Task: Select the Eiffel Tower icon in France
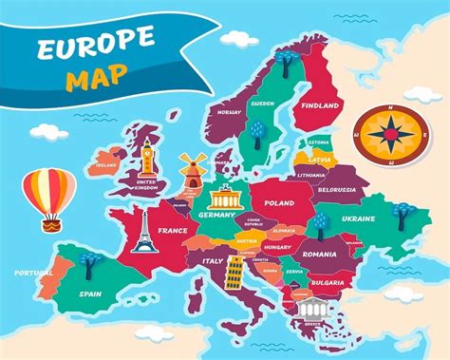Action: (x=143, y=230)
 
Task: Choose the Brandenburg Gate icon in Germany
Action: (x=227, y=199)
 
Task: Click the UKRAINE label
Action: (x=358, y=218)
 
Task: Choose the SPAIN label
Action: (x=91, y=294)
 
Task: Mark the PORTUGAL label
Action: (x=33, y=273)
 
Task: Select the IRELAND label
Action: (x=104, y=163)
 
